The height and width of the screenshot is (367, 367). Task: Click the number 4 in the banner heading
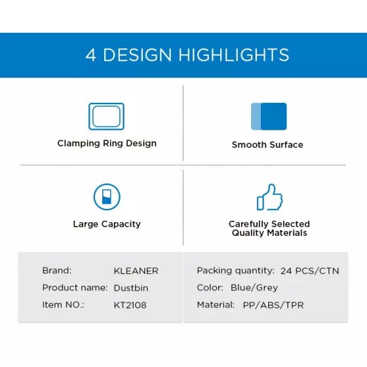click(90, 55)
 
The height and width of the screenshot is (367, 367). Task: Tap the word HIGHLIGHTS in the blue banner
click(234, 55)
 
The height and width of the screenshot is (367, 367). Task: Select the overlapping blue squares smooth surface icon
click(269, 117)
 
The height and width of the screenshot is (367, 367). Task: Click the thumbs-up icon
click(269, 197)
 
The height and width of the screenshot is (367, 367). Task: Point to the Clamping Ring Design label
click(107, 144)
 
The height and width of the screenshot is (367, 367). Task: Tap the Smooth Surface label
click(267, 145)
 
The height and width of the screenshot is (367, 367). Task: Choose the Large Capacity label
click(107, 224)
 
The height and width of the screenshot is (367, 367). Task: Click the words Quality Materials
click(269, 233)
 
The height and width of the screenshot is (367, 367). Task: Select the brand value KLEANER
click(136, 271)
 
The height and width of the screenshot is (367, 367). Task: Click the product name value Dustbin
click(131, 288)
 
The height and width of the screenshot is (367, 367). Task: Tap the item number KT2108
click(130, 305)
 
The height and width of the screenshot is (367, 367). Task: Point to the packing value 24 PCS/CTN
click(309, 271)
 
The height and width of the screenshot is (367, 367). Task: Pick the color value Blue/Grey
click(254, 288)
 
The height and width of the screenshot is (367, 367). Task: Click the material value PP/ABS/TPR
click(273, 305)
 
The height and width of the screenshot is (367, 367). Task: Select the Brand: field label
click(57, 271)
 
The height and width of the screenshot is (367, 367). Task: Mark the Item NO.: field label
click(63, 305)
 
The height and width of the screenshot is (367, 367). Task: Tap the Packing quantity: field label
click(235, 271)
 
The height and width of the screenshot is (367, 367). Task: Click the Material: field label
click(216, 305)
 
